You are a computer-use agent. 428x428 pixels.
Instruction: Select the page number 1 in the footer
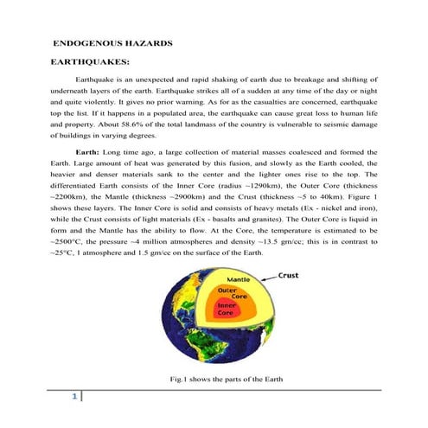pos(76,397)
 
